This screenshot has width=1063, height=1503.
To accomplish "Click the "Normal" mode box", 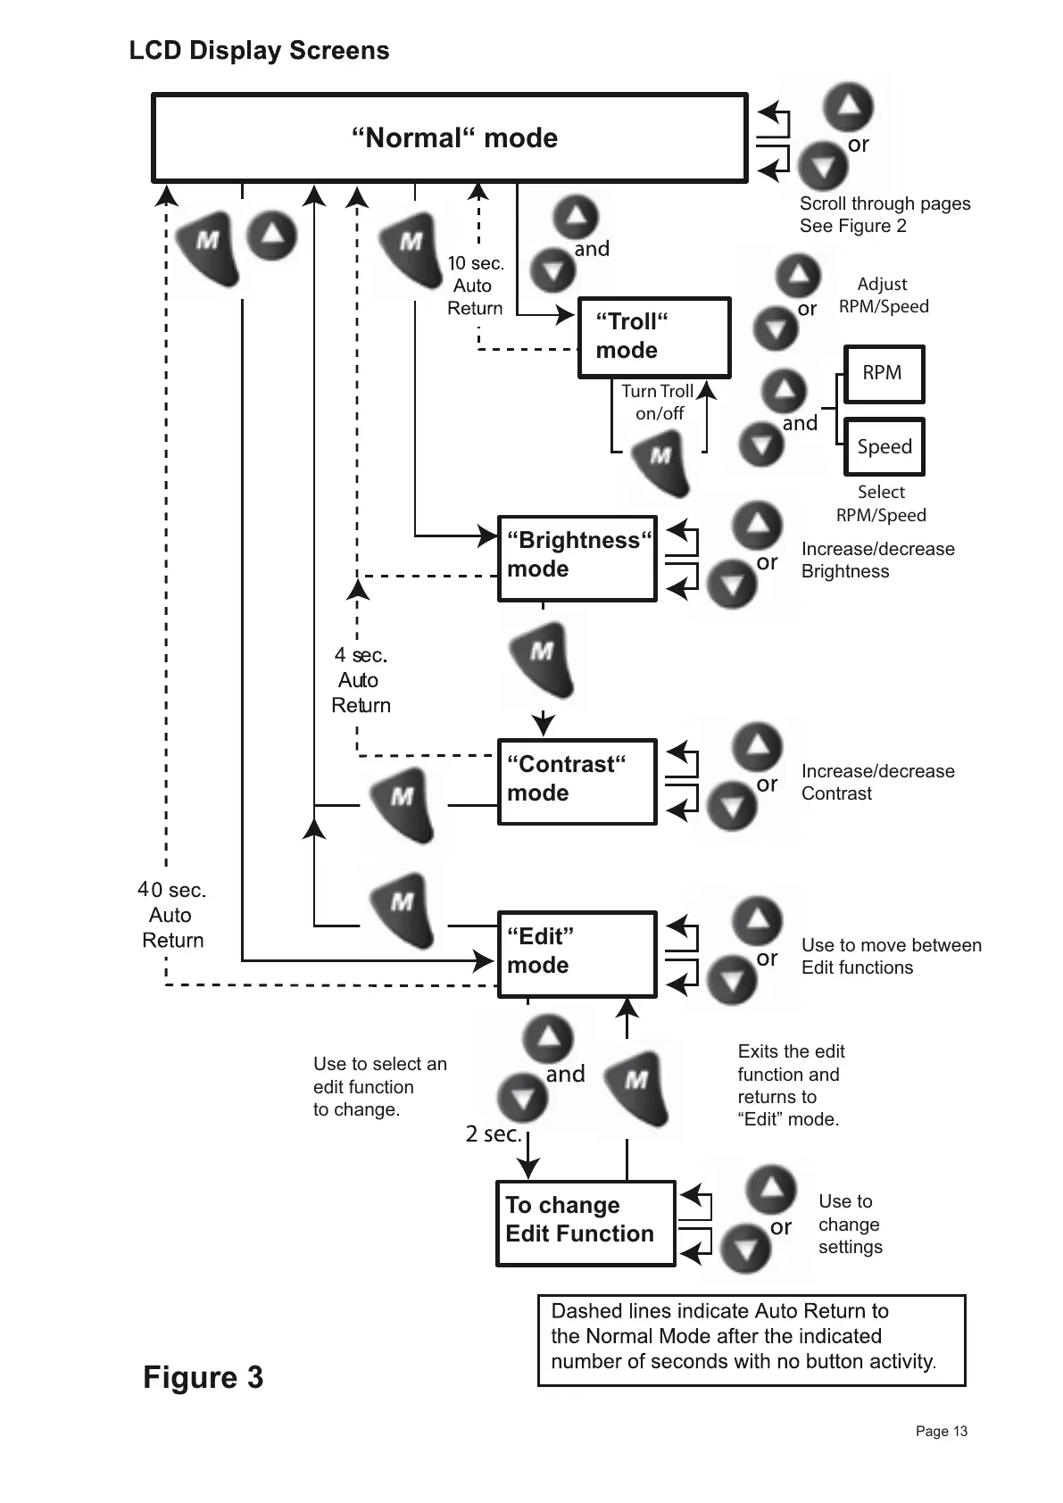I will (450, 137).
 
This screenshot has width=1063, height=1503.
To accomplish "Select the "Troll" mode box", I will (654, 337).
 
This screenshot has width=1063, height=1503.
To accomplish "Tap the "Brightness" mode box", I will (577, 558).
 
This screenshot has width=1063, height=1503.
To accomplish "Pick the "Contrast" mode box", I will (577, 781).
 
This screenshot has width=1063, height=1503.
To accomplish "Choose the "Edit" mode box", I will (577, 953).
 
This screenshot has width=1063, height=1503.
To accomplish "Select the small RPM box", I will (883, 373).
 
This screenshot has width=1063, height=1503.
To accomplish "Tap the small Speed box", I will (884, 446).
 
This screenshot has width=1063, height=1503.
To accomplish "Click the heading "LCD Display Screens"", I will (259, 51).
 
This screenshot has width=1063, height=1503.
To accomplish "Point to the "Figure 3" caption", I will (203, 1377).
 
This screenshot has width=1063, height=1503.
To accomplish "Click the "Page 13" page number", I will (941, 1431).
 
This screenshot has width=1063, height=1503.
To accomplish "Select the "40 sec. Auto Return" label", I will (171, 915).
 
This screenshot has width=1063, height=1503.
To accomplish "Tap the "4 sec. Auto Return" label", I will (361, 680).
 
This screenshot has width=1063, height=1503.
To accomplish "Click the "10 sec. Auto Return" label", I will (475, 286).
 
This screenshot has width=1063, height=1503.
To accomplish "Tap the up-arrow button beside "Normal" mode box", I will (847, 107).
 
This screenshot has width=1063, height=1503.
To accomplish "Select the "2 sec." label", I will (493, 1133).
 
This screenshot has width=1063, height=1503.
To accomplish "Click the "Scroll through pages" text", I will (884, 203).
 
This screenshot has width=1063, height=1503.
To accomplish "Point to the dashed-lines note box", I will (752, 1340).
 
